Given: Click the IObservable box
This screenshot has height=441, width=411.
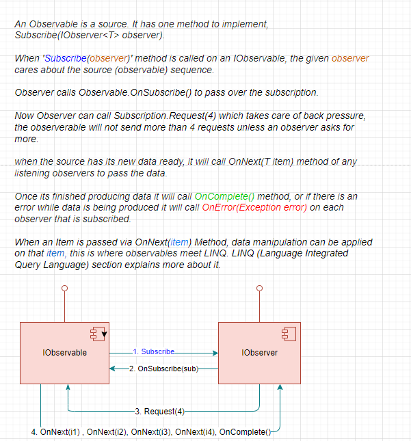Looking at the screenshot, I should [x=64, y=353].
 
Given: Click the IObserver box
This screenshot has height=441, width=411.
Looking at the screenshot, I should [x=259, y=353].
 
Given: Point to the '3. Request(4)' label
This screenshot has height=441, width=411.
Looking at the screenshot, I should [x=160, y=411].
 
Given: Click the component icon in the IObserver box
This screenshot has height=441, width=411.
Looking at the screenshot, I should [x=289, y=334].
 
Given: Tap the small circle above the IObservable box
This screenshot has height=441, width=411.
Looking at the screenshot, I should [x=64, y=289].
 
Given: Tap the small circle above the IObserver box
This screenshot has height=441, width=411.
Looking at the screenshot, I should [x=258, y=289].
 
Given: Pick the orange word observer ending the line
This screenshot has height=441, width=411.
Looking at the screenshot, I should [x=350, y=59].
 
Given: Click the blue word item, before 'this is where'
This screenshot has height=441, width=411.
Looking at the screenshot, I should [x=55, y=253].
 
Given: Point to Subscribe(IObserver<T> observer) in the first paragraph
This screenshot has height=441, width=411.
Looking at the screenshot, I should [x=90, y=35].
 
